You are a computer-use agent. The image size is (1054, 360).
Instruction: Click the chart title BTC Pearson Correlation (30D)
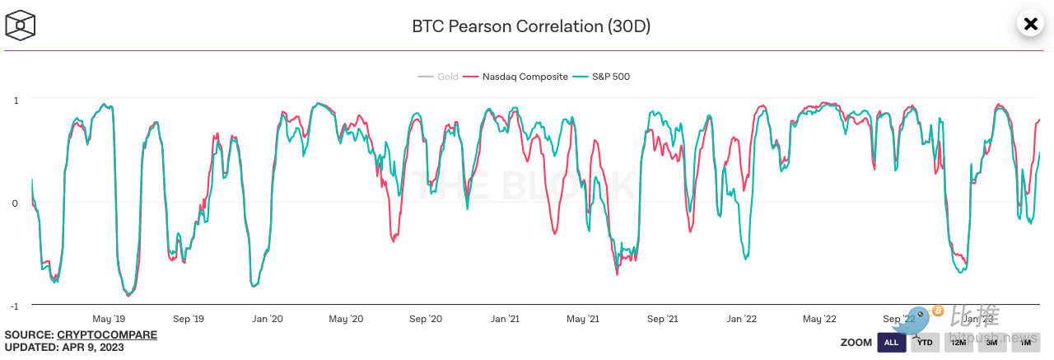coord(531,26)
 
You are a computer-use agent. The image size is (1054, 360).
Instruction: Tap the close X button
coord(1029,24)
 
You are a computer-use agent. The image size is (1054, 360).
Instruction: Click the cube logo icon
coord(20,26)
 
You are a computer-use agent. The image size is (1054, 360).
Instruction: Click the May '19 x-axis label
coord(109,319)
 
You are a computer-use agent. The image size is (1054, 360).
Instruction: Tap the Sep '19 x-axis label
coord(188,319)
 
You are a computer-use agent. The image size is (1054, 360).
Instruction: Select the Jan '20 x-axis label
coord(267,319)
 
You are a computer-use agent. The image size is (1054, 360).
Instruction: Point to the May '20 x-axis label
coord(346,319)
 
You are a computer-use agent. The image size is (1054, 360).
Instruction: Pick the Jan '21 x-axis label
coord(504,319)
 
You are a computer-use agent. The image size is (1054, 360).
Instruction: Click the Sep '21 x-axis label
coord(662,319)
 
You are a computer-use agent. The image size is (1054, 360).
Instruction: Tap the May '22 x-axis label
coord(819,319)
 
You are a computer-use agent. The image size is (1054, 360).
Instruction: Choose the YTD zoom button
coord(925,342)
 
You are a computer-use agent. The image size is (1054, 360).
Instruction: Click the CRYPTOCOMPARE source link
coord(107,335)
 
